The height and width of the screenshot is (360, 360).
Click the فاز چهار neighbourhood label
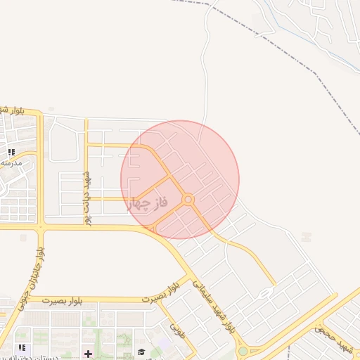(148, 205)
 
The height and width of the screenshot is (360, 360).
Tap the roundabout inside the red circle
(188, 200)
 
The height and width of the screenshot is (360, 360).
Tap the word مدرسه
(12, 163)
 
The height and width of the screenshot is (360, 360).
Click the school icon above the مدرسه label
(11, 152)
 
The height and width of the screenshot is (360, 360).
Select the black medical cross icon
(88, 353)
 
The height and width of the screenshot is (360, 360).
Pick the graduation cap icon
(141, 352)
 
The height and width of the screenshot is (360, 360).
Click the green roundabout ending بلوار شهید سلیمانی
(243, 350)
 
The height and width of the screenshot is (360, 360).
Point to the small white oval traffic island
(266, 292)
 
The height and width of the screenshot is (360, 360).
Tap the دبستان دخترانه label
(49, 357)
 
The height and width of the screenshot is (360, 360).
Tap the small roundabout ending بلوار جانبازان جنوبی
(41, 226)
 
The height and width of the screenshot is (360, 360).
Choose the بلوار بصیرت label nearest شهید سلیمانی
(160, 294)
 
